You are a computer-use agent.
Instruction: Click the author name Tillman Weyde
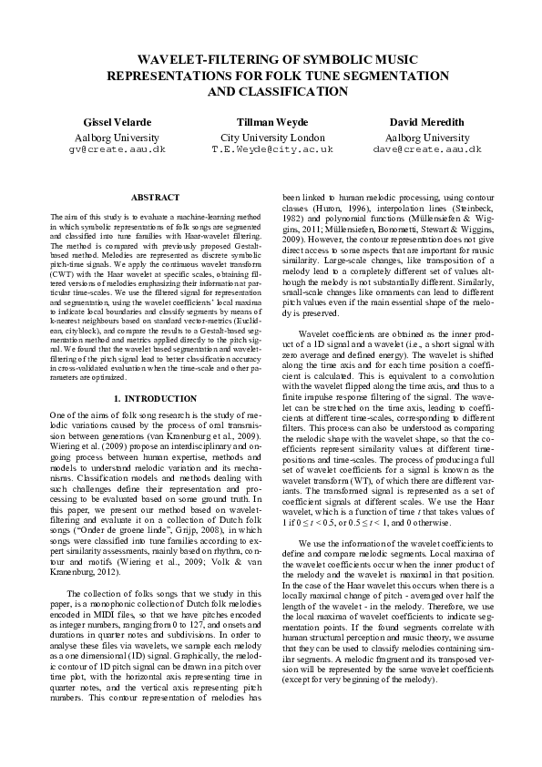pos(272,121)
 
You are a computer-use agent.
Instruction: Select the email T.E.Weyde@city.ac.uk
pos(272,148)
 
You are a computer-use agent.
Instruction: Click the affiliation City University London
pos(272,135)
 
